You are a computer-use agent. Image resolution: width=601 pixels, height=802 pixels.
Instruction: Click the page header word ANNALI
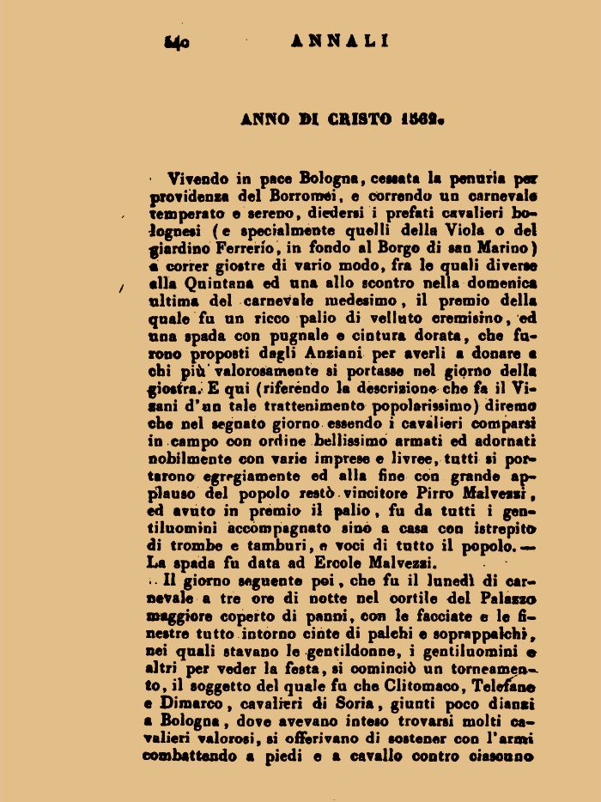341,39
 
